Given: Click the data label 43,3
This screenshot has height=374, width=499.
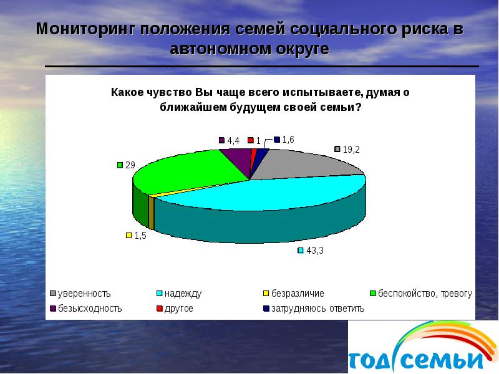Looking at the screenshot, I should [314, 251].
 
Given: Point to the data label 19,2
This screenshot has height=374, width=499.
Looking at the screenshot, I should [351, 150].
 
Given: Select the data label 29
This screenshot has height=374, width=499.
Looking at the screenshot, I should [130, 165].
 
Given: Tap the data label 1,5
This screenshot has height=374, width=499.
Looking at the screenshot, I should [140, 236].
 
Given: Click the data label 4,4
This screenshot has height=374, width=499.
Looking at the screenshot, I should [233, 141].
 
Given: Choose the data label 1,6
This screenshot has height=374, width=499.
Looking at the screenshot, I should [288, 140].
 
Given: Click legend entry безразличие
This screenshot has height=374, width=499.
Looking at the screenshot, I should [296, 293].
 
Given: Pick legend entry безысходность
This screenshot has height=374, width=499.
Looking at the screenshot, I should [90, 308].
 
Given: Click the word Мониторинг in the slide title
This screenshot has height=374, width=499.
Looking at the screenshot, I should [85, 29].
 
